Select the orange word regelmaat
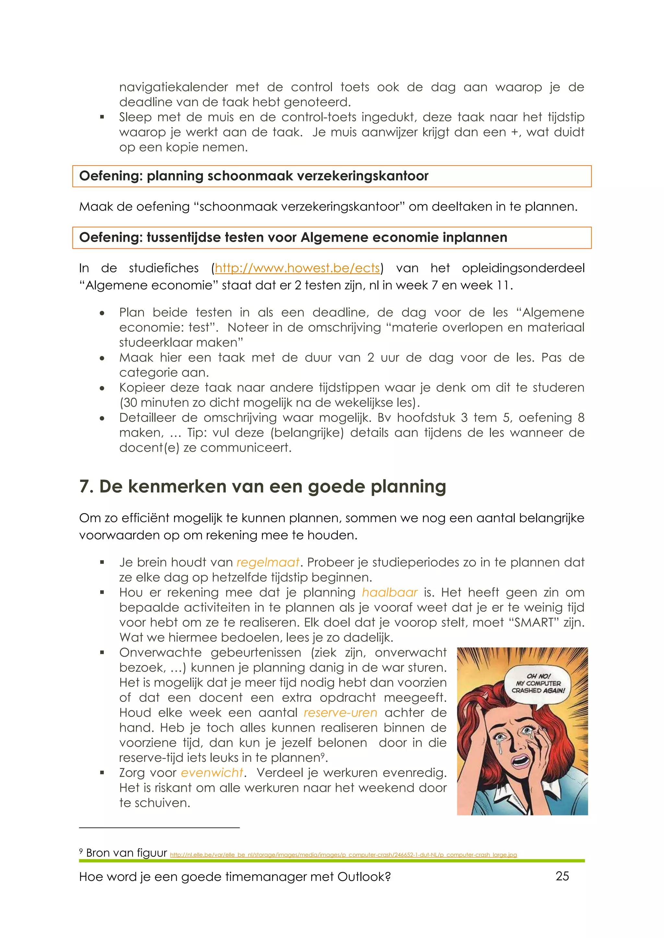[268, 563]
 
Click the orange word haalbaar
[389, 592]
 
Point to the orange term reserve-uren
[340, 713]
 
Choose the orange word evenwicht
[212, 773]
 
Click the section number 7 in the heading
[85, 486]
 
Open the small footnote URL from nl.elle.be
[343, 855]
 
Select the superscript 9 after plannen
[323, 755]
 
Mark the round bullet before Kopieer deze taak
[102, 388]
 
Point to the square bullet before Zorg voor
[102, 773]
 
